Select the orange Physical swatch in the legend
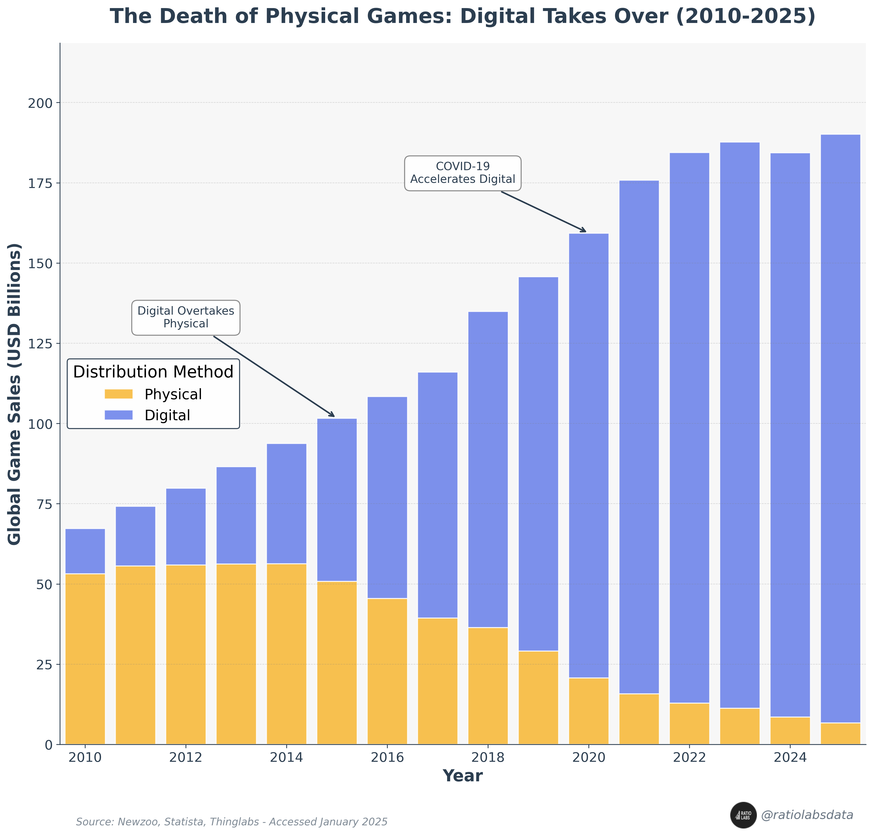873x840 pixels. (x=119, y=394)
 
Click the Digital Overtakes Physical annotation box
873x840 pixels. (x=186, y=317)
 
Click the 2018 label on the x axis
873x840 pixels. (x=488, y=758)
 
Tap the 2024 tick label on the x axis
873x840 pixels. (x=790, y=758)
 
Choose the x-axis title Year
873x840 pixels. (x=462, y=776)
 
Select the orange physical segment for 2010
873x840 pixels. (x=85, y=659)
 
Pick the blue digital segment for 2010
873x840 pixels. (x=85, y=551)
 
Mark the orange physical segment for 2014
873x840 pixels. (x=287, y=654)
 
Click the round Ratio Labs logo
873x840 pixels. (x=743, y=815)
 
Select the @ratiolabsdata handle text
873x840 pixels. (x=807, y=815)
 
